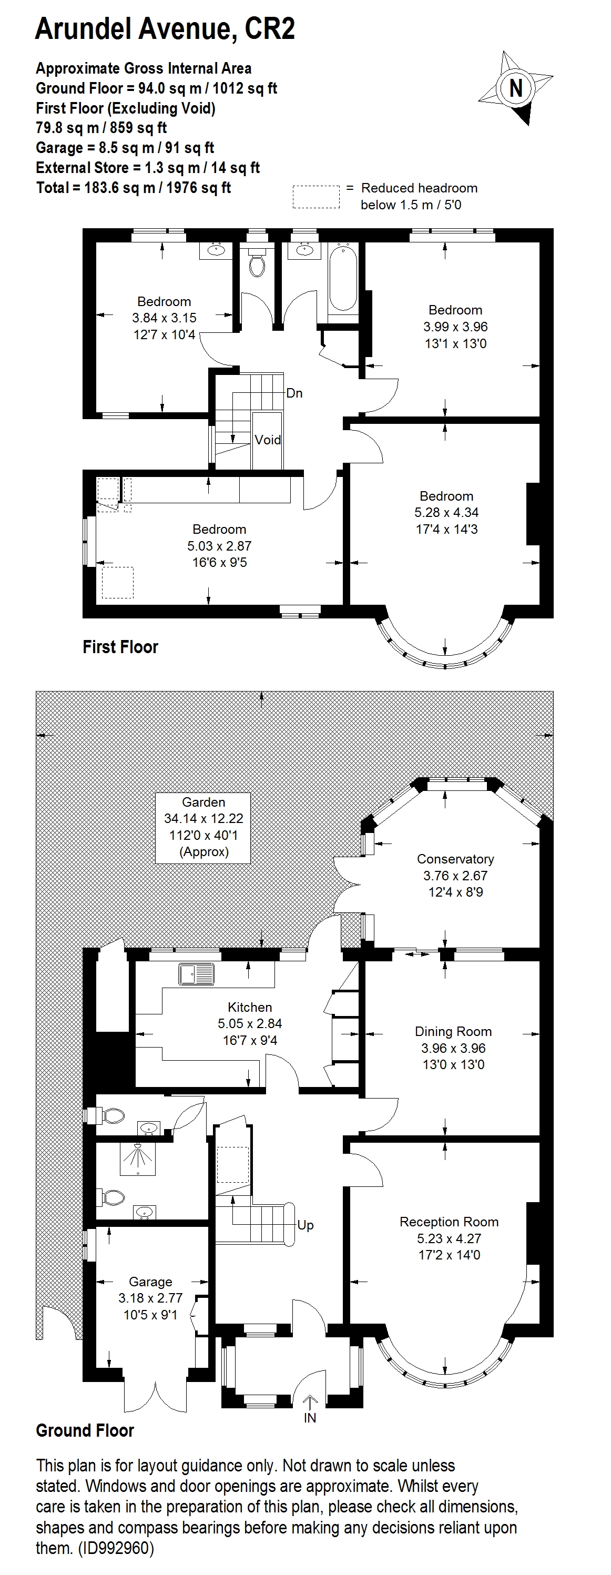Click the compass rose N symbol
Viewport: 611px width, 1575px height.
tap(516, 87)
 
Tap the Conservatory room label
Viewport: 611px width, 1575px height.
tap(455, 859)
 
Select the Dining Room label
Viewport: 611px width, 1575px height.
tap(453, 1031)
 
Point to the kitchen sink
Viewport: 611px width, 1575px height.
tap(196, 974)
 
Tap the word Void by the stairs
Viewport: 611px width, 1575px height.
tap(268, 440)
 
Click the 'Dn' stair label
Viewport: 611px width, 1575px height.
tap(294, 393)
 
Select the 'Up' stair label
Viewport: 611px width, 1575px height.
tap(305, 1225)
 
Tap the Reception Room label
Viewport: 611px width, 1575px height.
tap(449, 1222)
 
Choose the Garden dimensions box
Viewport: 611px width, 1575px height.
tap(203, 827)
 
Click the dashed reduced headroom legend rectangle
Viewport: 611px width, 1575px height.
tap(315, 197)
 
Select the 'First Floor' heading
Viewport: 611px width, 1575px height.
tap(120, 647)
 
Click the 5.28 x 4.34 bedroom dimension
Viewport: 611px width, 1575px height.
tap(446, 512)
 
